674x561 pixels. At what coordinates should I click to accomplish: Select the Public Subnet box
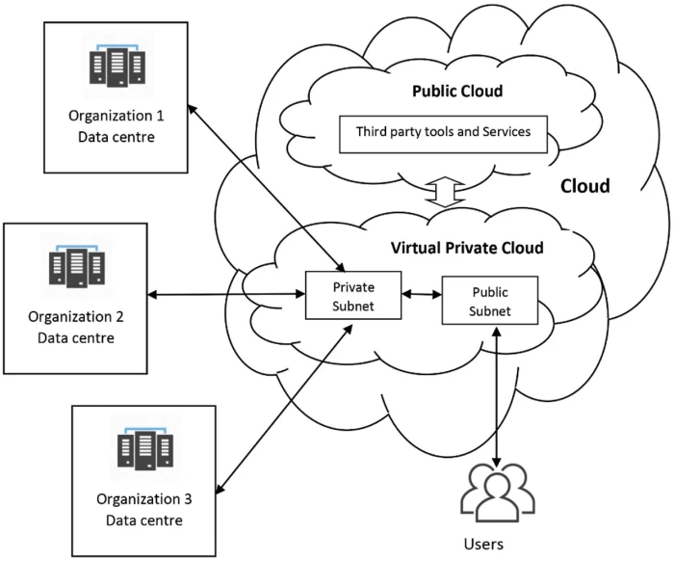(489, 301)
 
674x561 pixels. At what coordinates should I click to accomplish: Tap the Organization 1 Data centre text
(117, 126)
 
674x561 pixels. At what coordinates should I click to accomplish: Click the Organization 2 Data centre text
(76, 326)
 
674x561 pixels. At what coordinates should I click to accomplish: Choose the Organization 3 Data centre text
(143, 510)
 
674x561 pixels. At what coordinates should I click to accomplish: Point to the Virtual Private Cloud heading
(467, 248)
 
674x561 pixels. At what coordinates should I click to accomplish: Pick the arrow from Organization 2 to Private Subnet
(226, 293)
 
